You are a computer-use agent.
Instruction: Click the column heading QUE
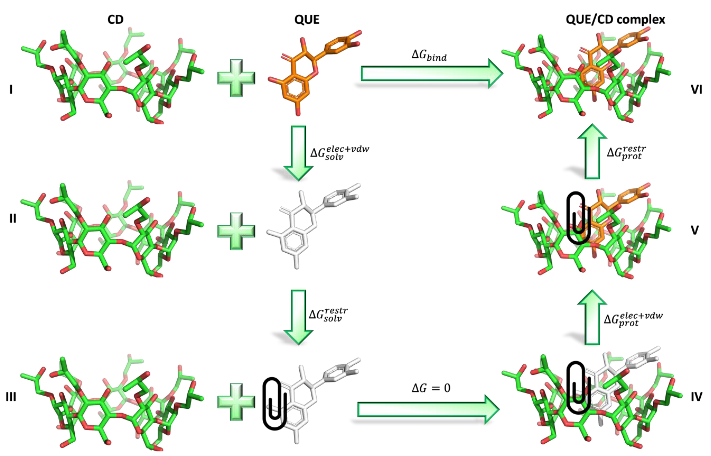pyautogui.click(x=307, y=20)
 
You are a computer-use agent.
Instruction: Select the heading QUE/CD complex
pyautogui.click(x=615, y=20)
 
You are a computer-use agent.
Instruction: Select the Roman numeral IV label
pyautogui.click(x=696, y=396)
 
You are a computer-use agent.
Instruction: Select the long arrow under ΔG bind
pyautogui.click(x=432, y=73)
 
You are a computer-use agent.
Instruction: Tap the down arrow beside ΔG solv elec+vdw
pyautogui.click(x=298, y=153)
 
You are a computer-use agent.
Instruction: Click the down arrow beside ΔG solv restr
pyautogui.click(x=298, y=317)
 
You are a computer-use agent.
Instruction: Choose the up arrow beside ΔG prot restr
pyautogui.click(x=592, y=152)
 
